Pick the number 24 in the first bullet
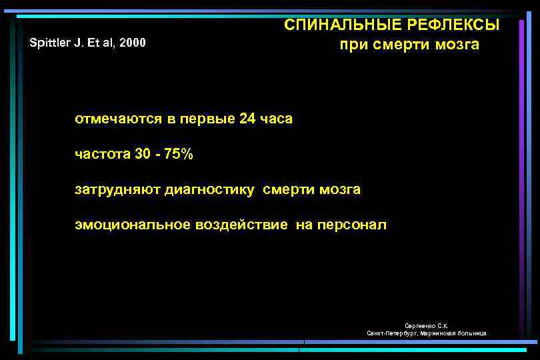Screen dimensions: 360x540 click(247, 119)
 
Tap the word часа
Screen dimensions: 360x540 click(276, 119)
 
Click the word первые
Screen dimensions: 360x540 click(199, 119)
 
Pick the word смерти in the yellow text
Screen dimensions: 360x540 click(287, 190)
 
